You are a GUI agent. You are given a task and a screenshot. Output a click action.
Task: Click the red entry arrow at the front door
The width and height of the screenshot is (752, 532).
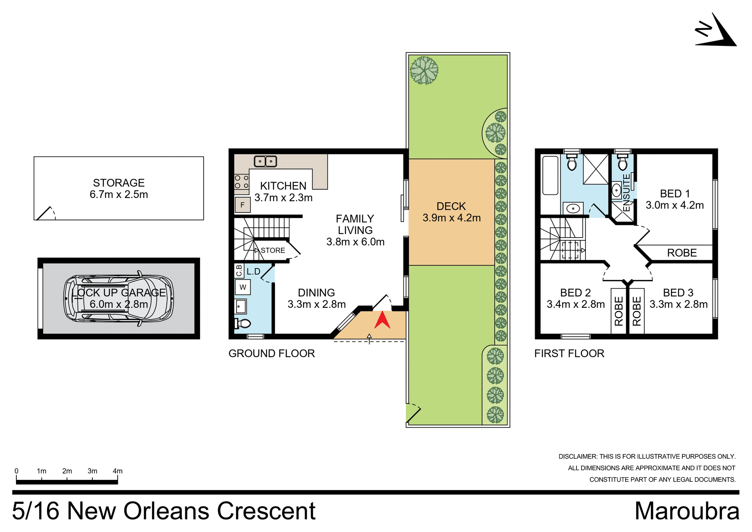tap(382, 320)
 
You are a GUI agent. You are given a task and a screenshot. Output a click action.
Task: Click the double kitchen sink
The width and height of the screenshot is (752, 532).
tap(266, 161)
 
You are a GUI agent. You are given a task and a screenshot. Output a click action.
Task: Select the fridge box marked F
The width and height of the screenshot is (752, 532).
tap(242, 205)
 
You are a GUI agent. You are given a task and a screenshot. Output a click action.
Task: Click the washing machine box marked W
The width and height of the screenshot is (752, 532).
tap(242, 287)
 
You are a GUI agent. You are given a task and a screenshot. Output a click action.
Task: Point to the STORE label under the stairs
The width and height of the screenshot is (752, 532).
tap(273, 251)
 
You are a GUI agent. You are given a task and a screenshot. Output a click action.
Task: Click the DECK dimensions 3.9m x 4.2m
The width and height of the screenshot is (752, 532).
tap(451, 218)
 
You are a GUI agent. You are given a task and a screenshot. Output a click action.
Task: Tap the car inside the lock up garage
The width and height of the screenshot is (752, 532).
tap(118, 298)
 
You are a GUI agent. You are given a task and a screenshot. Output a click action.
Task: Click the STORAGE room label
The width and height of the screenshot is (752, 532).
tap(119, 183)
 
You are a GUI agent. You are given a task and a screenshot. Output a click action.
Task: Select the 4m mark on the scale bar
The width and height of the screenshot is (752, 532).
tap(117, 471)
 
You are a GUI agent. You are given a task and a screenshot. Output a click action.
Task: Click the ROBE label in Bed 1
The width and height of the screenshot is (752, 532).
tap(681, 253)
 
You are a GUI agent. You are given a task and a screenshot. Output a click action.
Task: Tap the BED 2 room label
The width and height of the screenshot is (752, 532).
tap(575, 293)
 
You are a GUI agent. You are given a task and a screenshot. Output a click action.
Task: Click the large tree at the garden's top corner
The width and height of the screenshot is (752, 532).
tap(424, 71)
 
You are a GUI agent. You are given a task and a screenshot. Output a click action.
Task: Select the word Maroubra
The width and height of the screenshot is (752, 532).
tap(687, 511)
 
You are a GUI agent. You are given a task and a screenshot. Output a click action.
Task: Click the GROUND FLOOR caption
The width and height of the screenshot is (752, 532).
tap(271, 354)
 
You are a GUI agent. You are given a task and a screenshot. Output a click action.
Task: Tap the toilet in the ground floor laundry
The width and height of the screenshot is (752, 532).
tap(242, 323)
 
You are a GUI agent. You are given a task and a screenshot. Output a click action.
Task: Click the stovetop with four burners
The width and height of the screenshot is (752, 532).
tap(241, 182)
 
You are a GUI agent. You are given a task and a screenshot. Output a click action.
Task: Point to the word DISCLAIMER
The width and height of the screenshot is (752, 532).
tap(578, 457)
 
